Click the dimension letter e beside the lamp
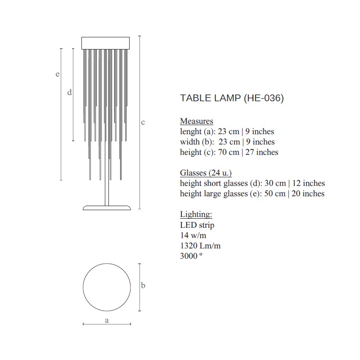58,74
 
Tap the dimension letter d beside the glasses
70,92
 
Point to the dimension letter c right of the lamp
143,122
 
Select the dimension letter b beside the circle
143,285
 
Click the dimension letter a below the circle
107,320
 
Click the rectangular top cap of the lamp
106,43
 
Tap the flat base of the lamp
107,208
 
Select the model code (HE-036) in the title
264,98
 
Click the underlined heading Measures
197,121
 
